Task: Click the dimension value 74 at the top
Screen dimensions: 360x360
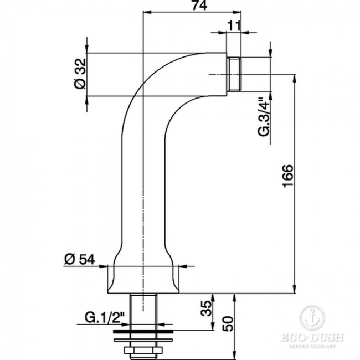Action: click(x=199, y=5)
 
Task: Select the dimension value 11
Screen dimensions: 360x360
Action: click(x=234, y=25)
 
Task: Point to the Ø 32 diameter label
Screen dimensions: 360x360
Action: click(x=80, y=74)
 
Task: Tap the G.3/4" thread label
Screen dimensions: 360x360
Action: click(x=263, y=117)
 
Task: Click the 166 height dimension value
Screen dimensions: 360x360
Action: click(x=287, y=176)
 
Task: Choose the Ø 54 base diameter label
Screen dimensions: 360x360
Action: click(x=79, y=259)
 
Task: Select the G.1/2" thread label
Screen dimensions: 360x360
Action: click(x=105, y=317)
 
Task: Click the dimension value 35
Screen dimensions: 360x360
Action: click(x=205, y=308)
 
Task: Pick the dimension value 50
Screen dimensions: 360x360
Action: click(x=228, y=324)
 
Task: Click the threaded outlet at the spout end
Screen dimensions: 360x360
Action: click(x=234, y=74)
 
